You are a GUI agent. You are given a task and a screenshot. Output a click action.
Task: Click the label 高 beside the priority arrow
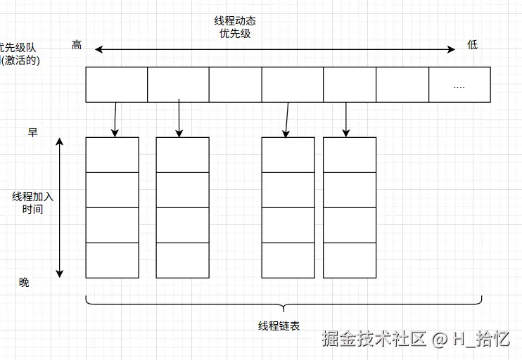pyautogui.click(x=77, y=45)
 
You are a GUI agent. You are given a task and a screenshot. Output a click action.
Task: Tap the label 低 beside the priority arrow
pyautogui.click(x=472, y=45)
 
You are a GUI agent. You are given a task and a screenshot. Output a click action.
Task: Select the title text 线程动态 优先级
pyautogui.click(x=235, y=27)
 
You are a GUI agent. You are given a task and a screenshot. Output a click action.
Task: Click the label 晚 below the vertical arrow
pyautogui.click(x=25, y=282)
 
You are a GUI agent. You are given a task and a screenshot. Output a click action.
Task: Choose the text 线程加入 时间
pyautogui.click(x=32, y=202)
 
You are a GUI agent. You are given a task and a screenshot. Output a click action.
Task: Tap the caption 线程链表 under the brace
pyautogui.click(x=279, y=326)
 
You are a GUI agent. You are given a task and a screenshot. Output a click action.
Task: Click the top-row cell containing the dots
pyautogui.click(x=459, y=84)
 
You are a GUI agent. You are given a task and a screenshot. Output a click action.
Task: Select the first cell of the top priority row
pyautogui.click(x=116, y=84)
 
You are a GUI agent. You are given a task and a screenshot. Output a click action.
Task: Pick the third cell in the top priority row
pyautogui.click(x=235, y=84)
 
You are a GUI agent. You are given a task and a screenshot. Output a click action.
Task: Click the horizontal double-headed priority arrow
pyautogui.click(x=276, y=49)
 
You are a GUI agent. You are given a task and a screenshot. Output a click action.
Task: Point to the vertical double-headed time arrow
pyautogui.click(x=60, y=207)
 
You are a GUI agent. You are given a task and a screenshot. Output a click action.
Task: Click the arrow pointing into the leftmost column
pyautogui.click(x=115, y=118)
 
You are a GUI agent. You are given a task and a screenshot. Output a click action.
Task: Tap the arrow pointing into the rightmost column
pyautogui.click(x=346, y=118)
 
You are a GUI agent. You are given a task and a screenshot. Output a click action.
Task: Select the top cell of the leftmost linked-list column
pyautogui.click(x=112, y=155)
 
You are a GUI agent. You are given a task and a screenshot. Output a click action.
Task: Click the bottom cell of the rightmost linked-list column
pyautogui.click(x=349, y=260)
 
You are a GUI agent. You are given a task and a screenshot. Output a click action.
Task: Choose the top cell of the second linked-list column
pyautogui.click(x=182, y=155)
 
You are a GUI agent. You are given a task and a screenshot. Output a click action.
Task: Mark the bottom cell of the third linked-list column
pyautogui.click(x=288, y=260)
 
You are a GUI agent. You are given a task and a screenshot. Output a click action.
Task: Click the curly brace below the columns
pyautogui.click(x=284, y=304)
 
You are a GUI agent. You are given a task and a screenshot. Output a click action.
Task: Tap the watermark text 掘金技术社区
pyautogui.click(x=374, y=340)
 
